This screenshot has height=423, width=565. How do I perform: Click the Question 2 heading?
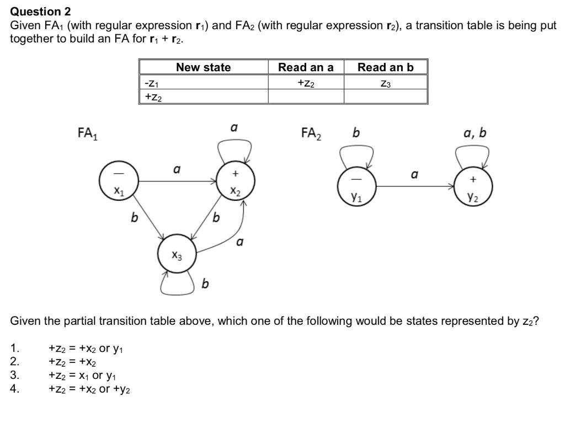coord(41,11)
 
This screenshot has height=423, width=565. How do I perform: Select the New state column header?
coord(203,67)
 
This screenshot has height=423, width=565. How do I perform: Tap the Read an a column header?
coord(306,67)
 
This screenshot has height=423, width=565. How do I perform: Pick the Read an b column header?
coord(385,67)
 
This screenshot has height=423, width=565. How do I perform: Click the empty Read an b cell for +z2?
coord(385,97)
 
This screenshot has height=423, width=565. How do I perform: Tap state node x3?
coord(176,254)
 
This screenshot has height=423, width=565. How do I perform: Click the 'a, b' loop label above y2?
coord(475,133)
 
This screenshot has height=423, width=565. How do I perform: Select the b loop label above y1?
coord(356,133)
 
